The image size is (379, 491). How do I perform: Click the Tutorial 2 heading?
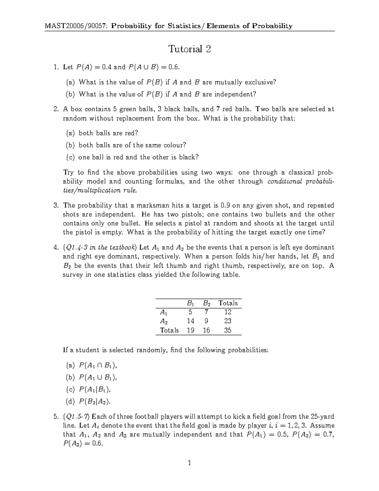point(189,49)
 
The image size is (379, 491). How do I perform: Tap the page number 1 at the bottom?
point(189,463)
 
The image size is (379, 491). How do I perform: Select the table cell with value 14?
point(190,321)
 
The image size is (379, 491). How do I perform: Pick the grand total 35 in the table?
point(228,330)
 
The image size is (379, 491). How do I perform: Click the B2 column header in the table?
point(207,303)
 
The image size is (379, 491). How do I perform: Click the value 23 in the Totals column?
point(228,321)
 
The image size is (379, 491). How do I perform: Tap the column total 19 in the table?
point(190,330)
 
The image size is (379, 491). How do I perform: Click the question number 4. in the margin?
point(56,248)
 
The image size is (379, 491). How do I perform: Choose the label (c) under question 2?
point(70,157)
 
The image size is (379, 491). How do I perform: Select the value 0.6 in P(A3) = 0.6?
point(96,444)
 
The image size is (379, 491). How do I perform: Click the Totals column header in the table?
point(228,303)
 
